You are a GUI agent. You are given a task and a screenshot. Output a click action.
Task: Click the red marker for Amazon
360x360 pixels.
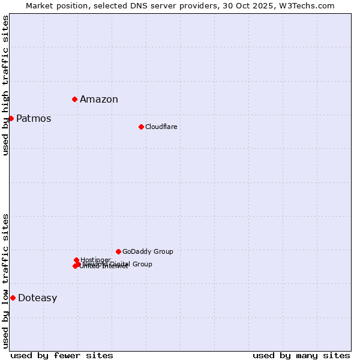point(74,99)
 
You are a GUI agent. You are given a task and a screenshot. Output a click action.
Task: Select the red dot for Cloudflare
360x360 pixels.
point(141,127)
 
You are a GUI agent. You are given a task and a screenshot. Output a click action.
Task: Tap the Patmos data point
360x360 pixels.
point(11,118)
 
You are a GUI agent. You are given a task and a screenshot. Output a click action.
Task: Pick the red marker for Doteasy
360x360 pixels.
point(13,298)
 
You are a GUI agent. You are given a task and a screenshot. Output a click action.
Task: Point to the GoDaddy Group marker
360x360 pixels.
point(118,251)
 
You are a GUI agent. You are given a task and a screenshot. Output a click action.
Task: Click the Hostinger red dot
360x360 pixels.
point(76,260)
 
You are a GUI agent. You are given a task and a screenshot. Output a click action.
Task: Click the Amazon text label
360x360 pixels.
point(99,100)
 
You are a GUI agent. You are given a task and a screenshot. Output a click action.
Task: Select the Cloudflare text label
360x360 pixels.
point(161,127)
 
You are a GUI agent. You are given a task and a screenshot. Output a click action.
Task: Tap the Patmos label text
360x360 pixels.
point(34,119)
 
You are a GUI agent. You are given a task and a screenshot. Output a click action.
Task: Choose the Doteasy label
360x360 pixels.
point(37,298)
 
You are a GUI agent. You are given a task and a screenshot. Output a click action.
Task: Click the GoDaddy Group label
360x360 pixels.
point(148,251)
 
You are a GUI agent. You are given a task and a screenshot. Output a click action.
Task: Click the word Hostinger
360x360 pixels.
point(95,260)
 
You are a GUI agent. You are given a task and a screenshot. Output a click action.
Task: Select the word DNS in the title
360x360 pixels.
point(146,5)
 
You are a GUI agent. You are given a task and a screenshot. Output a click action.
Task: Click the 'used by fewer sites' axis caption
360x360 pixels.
point(62,355)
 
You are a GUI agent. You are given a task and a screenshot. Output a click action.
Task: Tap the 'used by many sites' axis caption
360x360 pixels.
point(301,355)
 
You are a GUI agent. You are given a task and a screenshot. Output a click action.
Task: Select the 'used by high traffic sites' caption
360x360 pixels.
point(5,85)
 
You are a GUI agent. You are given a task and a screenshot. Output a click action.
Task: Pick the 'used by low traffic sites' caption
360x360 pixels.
point(5,281)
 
